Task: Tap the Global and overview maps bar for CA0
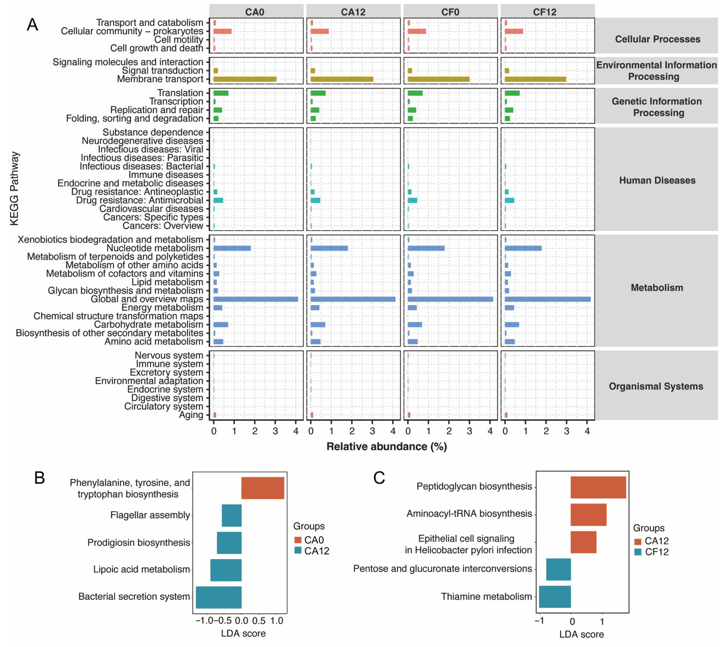255,299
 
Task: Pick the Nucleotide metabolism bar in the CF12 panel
523,248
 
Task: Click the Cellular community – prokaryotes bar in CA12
319,31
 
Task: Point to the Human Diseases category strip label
657,180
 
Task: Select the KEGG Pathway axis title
14,188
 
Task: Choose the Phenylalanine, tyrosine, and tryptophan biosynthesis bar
262,488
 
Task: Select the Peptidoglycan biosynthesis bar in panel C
598,487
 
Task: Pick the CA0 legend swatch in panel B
298,540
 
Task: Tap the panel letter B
39,478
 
